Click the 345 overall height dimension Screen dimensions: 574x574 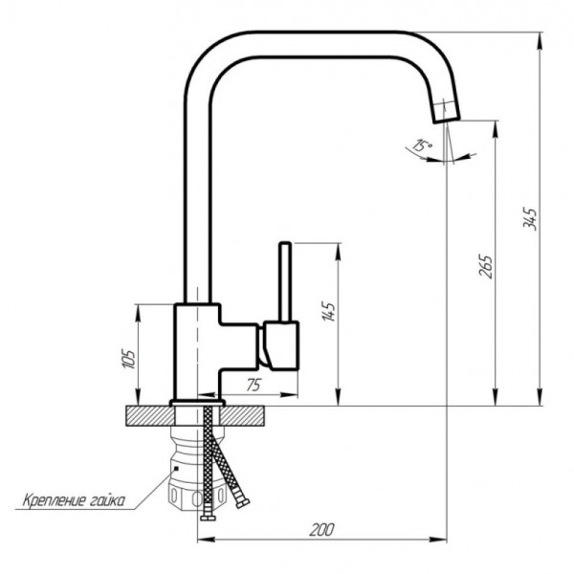[530, 219]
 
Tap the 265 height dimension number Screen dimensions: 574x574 [486, 266]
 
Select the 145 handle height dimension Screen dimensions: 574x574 [328, 312]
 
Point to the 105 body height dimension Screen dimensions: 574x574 [128, 359]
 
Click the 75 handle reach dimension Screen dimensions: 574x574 [254, 385]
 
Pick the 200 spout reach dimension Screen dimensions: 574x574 [321, 530]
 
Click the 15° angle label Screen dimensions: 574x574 [422, 144]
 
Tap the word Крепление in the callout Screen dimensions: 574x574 [55, 499]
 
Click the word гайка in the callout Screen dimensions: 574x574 [107, 500]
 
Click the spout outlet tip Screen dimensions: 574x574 [447, 121]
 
